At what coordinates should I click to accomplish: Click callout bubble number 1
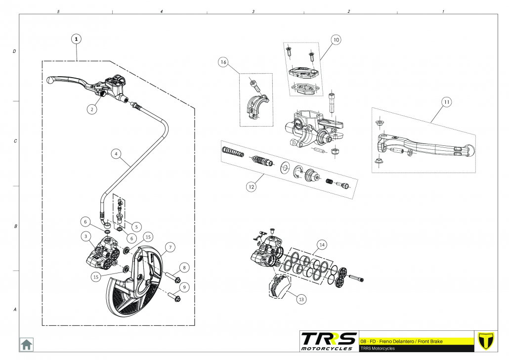(x=77, y=38)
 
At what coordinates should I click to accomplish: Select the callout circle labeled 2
(x=91, y=109)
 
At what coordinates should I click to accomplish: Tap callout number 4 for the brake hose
(x=116, y=154)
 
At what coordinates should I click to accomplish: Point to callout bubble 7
(x=169, y=247)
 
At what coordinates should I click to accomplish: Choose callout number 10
(x=336, y=40)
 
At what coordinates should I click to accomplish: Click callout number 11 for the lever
(x=446, y=102)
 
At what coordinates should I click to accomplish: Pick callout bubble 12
(x=252, y=187)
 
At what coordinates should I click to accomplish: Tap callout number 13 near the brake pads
(x=301, y=298)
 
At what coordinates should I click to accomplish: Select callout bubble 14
(x=322, y=245)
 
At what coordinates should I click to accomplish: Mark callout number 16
(x=223, y=62)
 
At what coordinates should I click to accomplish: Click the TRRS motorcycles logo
(x=328, y=341)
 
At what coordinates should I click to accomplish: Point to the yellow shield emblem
(x=487, y=341)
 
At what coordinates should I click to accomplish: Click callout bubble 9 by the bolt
(x=185, y=287)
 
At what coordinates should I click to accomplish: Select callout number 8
(x=184, y=268)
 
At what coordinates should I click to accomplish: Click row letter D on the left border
(x=14, y=51)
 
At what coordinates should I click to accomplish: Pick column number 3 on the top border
(x=253, y=10)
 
